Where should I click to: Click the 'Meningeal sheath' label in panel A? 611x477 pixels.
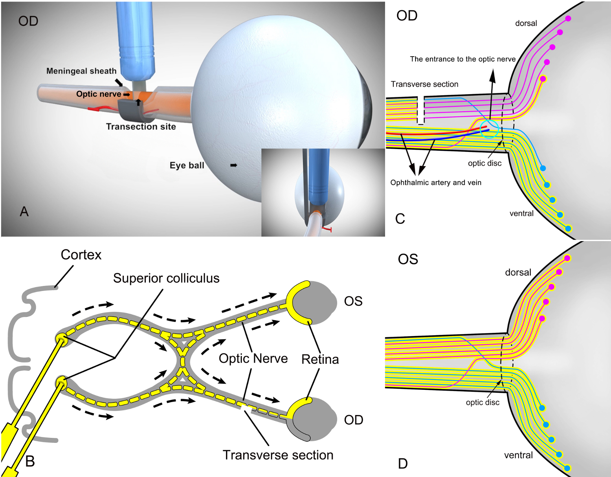[81, 71]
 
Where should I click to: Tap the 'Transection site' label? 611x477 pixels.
[141, 127]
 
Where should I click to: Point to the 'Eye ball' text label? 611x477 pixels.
[187, 165]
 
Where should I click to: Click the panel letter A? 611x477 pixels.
[24, 211]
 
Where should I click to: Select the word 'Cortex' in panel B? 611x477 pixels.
[81, 255]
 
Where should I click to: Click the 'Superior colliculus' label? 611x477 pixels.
[166, 278]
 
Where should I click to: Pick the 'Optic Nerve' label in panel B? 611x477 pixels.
[253, 358]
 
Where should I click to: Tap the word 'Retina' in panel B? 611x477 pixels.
[320, 359]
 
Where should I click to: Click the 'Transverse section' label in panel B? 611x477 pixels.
[278, 455]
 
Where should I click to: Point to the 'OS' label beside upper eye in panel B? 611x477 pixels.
[353, 301]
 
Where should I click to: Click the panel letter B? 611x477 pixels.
[30, 462]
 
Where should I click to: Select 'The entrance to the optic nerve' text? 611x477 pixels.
[462, 59]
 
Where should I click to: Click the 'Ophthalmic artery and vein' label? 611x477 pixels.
[435, 182]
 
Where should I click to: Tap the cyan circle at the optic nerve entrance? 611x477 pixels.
[489, 128]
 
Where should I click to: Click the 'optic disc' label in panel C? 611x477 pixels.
[484, 163]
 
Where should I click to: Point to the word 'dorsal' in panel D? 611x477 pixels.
[518, 272]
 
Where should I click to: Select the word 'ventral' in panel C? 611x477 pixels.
[521, 213]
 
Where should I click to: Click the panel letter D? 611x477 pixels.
[402, 464]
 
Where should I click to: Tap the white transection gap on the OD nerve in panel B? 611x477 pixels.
[245, 407]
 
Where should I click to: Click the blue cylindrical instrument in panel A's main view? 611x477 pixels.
[136, 41]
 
